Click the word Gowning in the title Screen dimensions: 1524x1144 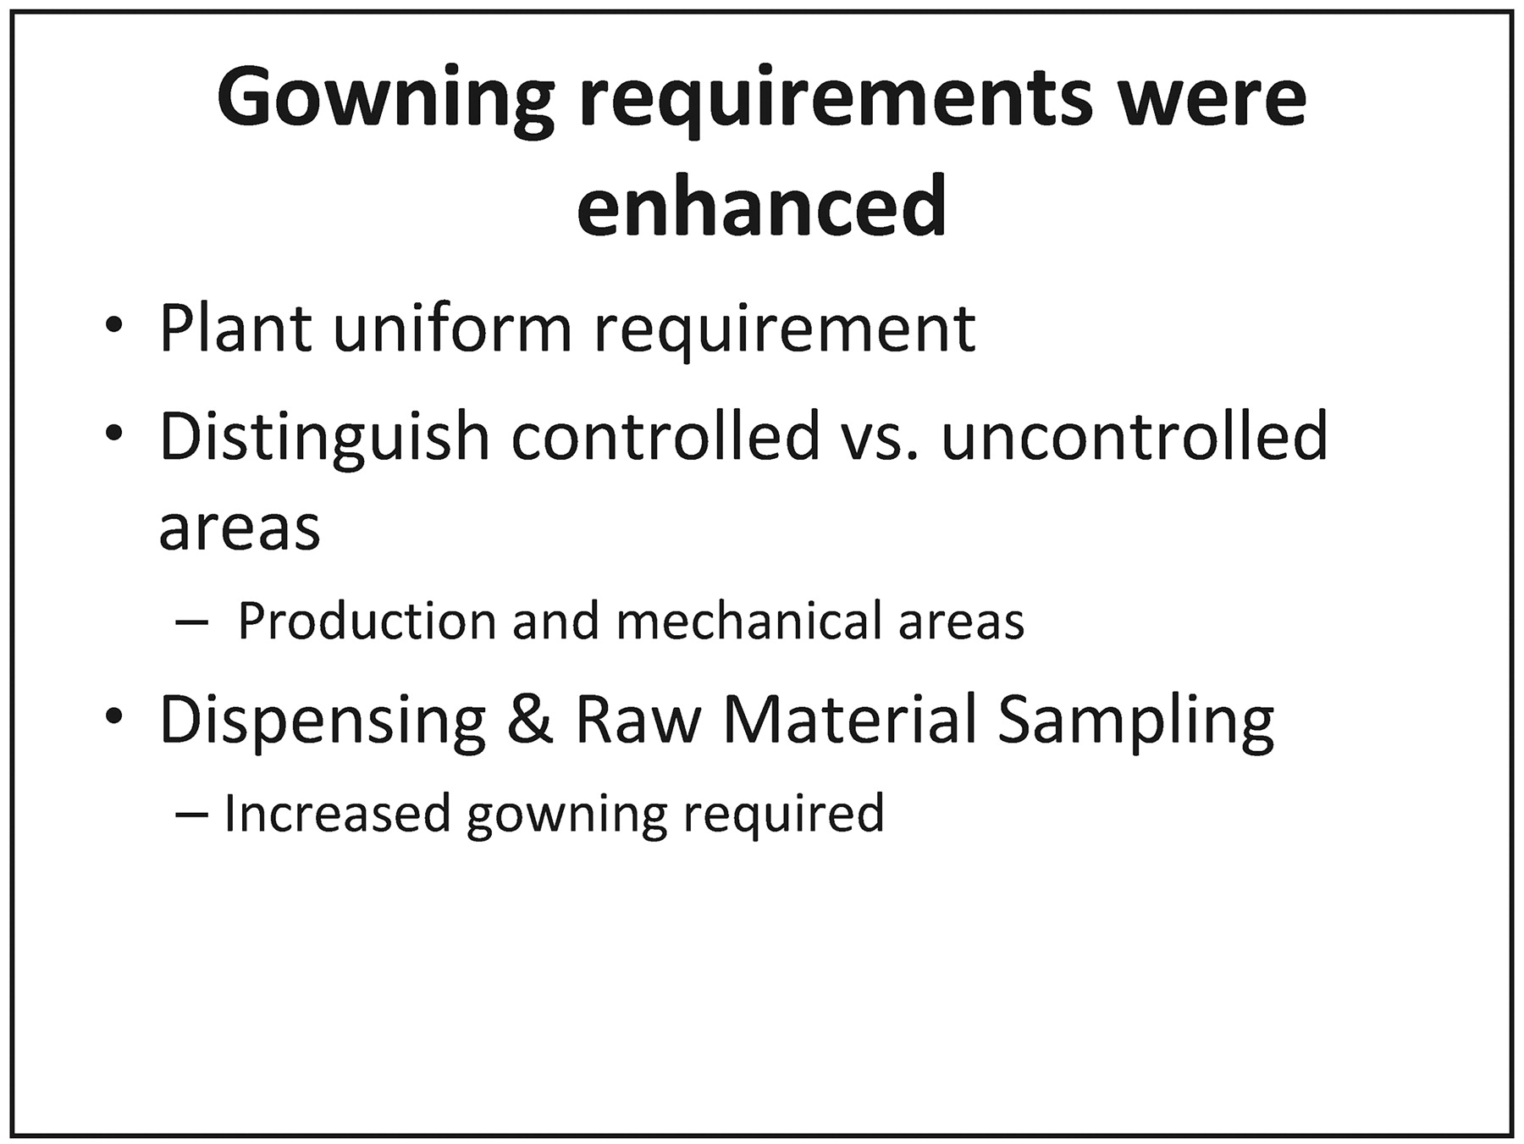click(x=386, y=102)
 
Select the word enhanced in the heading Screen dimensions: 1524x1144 click(x=761, y=205)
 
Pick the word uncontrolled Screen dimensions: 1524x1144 click(x=1135, y=435)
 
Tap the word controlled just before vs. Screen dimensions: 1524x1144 click(x=665, y=435)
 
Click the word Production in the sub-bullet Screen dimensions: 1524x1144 click(x=367, y=621)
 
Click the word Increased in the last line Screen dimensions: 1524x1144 click(x=337, y=813)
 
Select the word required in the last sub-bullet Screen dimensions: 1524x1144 click(x=783, y=813)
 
